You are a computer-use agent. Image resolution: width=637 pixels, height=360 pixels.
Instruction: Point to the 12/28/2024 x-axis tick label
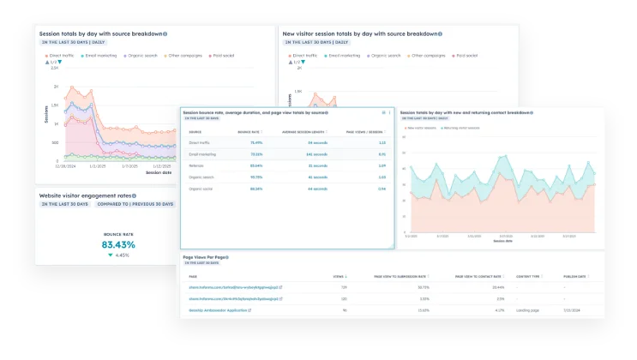tap(53, 167)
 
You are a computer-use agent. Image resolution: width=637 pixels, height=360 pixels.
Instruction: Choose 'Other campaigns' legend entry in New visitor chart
tap(431, 55)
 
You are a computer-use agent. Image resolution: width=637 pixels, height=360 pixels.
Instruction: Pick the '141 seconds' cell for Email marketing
tap(305, 153)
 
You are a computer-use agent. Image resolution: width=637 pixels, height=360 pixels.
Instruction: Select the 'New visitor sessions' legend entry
tap(421, 128)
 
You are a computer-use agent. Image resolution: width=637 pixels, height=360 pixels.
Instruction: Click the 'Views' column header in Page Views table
tap(338, 276)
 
